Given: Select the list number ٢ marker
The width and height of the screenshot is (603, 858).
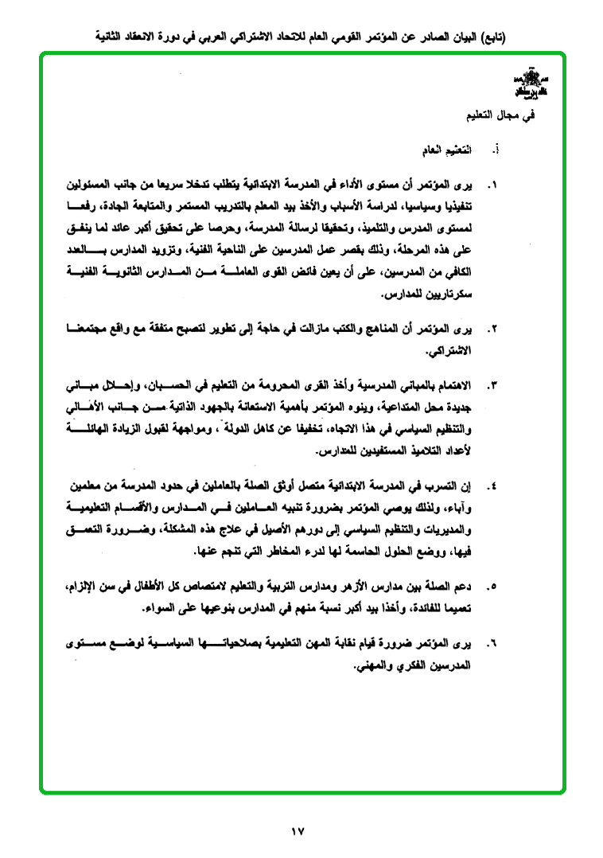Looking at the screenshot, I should click(x=494, y=329).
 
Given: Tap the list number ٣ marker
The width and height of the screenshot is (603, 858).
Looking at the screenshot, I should click(x=494, y=387).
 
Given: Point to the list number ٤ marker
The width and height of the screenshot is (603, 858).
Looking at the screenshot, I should click(x=494, y=486).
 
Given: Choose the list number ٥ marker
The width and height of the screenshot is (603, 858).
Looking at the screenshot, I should click(x=494, y=587).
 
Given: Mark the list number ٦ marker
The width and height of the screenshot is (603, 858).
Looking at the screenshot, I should click(x=494, y=642).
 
